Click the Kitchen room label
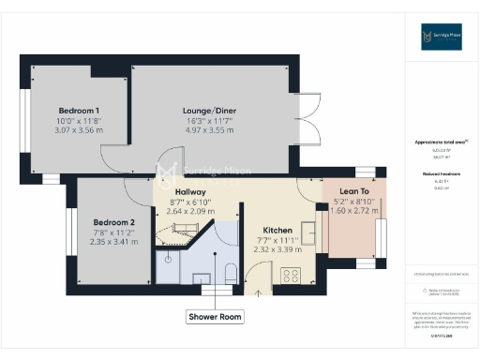[x=277, y=230]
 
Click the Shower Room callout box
[x=215, y=317]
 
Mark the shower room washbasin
[x=201, y=277]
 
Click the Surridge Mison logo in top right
[x=441, y=37]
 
